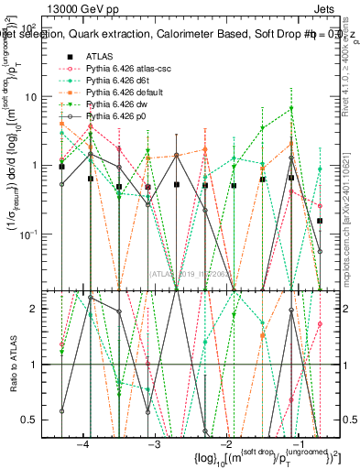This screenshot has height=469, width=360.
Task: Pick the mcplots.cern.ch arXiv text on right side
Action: point(351,229)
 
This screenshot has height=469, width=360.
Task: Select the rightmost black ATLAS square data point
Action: point(320,221)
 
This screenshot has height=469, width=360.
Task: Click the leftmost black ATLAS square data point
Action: point(61,167)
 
